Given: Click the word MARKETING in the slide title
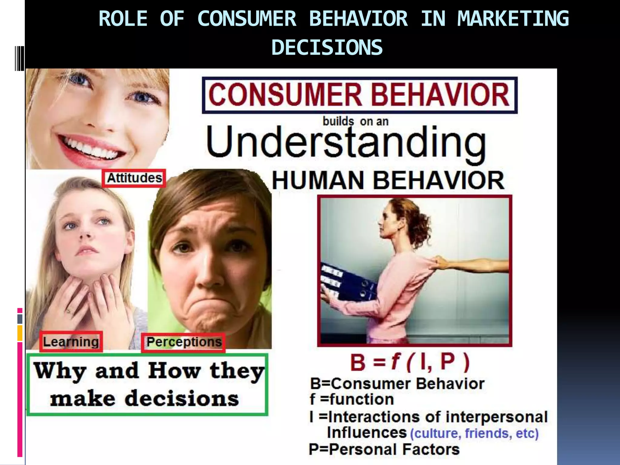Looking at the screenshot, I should coord(513,19).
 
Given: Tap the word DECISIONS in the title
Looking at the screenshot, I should coord(327,48).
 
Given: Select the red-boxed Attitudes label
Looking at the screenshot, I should coord(134,178).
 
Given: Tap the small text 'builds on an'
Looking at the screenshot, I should coord(355,121).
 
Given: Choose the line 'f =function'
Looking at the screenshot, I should coord(351,399).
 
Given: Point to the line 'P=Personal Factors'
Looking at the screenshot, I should coord(384,449).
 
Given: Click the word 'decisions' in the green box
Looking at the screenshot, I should coord(182,399).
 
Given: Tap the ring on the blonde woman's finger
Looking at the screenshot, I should coord(69,310).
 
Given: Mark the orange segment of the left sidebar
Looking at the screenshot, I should coord(20,333).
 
